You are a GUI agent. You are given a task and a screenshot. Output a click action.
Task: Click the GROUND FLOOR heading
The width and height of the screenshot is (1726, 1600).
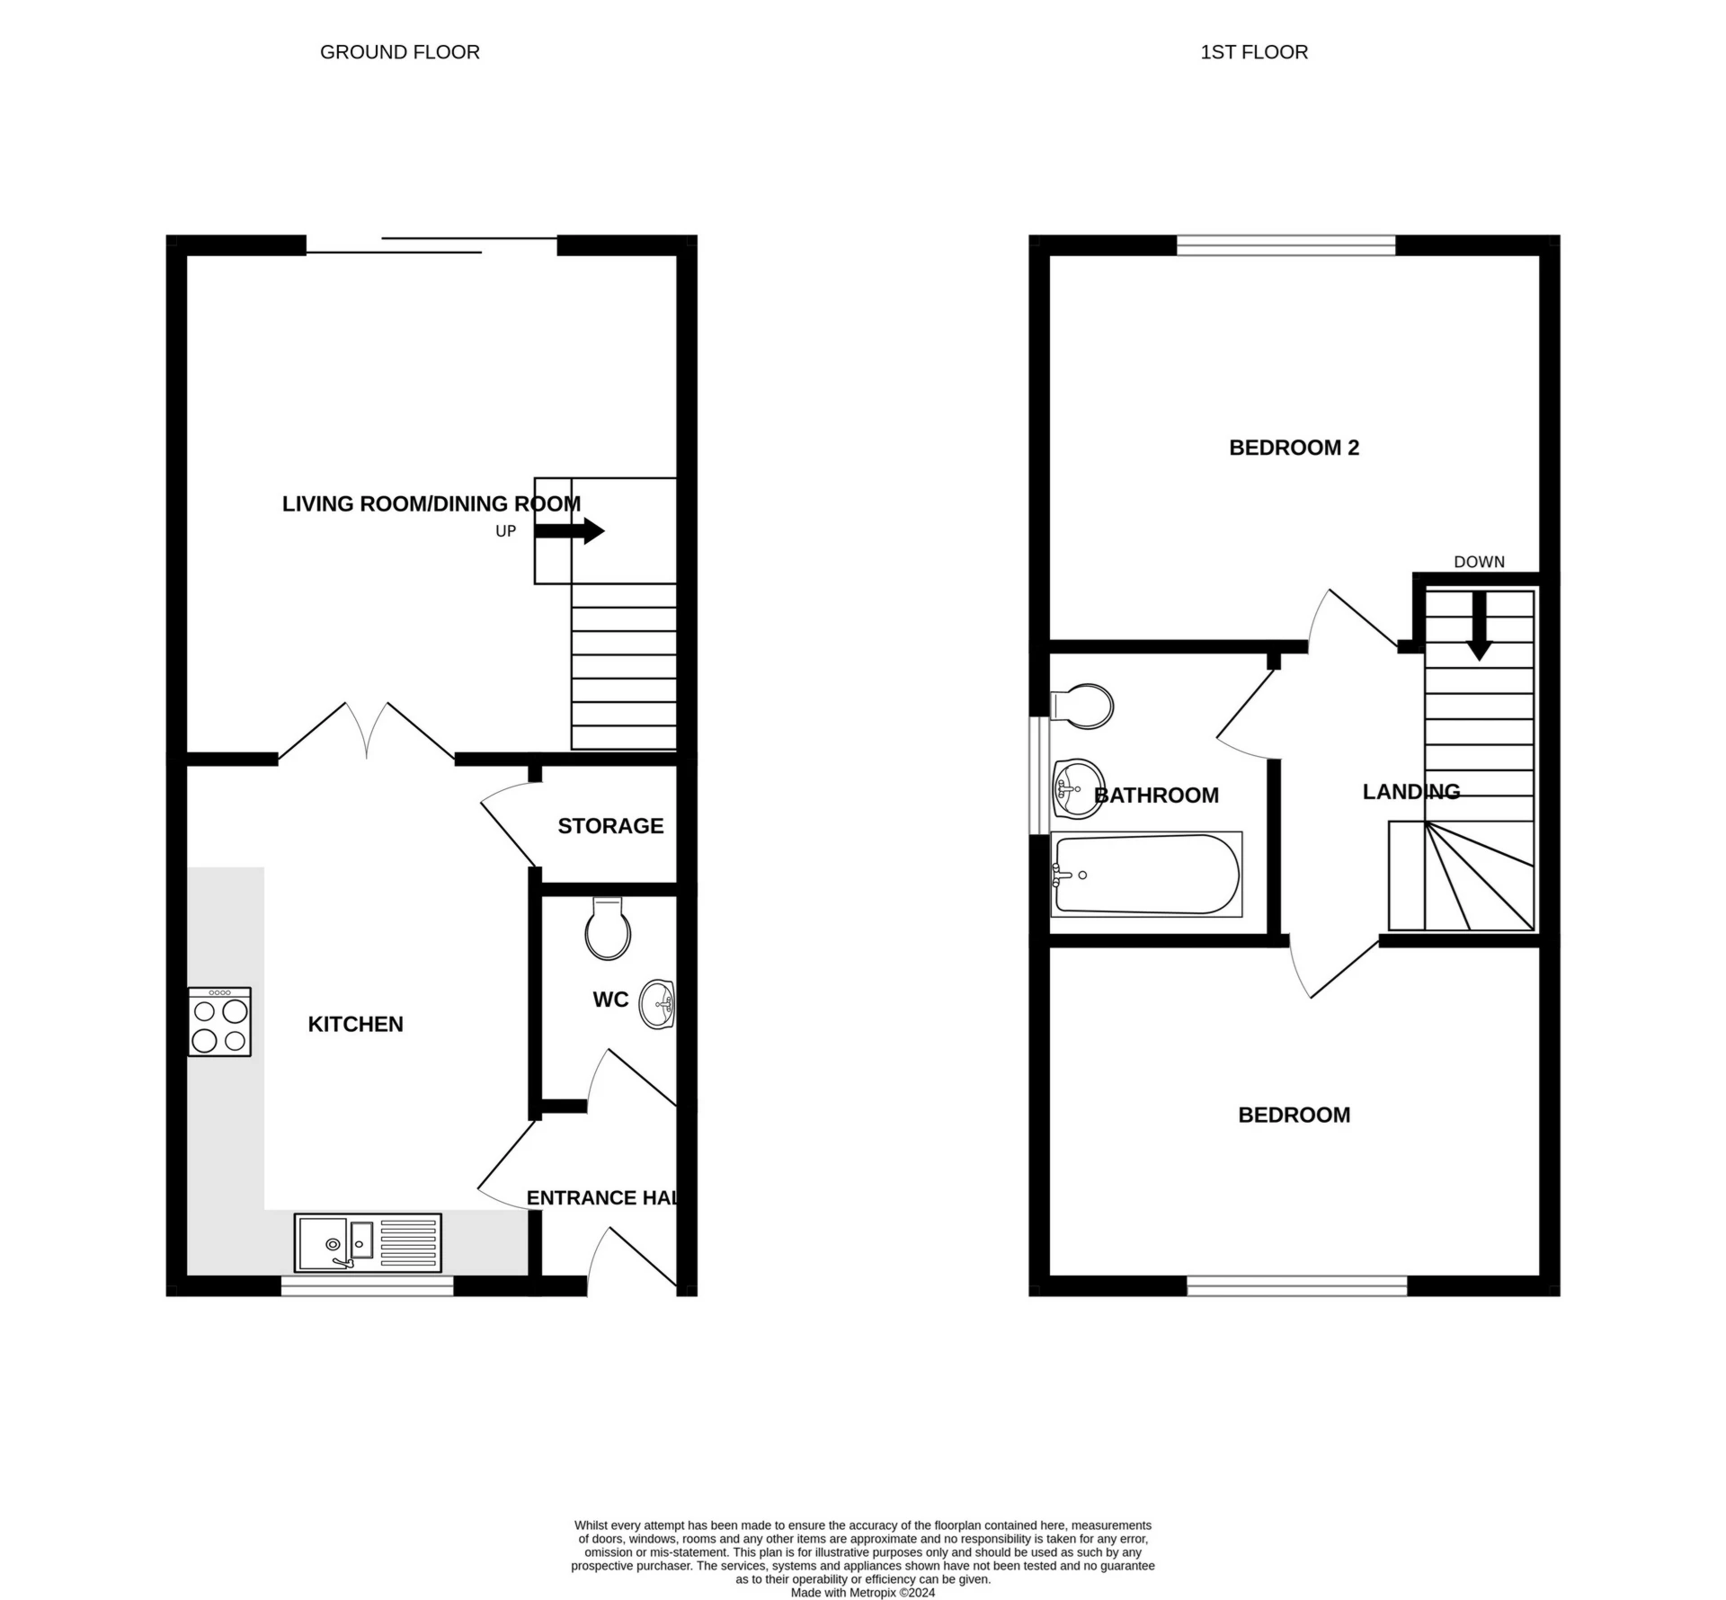pyautogui.click(x=399, y=52)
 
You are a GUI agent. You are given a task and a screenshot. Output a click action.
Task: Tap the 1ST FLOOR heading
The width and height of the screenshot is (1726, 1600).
pyautogui.click(x=1253, y=52)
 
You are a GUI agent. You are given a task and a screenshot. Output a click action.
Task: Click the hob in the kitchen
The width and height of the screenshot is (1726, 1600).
pyautogui.click(x=219, y=1021)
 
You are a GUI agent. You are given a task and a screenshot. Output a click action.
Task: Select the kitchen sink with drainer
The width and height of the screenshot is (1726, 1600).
pyautogui.click(x=368, y=1242)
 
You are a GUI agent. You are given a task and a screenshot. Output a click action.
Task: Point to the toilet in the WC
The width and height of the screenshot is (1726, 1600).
pyautogui.click(x=608, y=929)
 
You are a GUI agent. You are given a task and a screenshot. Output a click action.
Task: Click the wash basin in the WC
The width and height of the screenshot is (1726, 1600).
pyautogui.click(x=657, y=1003)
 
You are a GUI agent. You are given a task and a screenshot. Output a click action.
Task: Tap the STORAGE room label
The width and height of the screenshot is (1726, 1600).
pyautogui.click(x=610, y=825)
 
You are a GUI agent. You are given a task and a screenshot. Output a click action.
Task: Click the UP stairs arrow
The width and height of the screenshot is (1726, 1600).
pyautogui.click(x=570, y=530)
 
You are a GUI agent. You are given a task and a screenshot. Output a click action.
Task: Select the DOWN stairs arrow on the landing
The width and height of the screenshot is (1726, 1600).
pyautogui.click(x=1479, y=627)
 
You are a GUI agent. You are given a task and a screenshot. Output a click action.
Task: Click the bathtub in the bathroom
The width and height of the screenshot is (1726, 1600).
pyautogui.click(x=1146, y=874)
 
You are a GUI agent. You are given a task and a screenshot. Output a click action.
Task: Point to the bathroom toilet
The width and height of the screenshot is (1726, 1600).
pyautogui.click(x=1083, y=706)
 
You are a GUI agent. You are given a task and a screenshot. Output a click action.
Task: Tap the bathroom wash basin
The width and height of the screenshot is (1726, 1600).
pyautogui.click(x=1077, y=789)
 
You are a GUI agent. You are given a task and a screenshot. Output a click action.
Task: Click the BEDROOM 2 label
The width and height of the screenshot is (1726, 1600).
pyautogui.click(x=1294, y=447)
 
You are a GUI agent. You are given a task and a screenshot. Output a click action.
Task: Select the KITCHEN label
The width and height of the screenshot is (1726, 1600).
pyautogui.click(x=355, y=1024)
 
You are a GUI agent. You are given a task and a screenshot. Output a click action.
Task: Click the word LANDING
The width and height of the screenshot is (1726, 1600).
pyautogui.click(x=1410, y=791)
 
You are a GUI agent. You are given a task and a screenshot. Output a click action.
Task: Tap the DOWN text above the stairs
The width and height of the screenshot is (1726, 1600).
pyautogui.click(x=1479, y=562)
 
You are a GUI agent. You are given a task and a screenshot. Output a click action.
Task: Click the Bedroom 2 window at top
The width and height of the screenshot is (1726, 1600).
pyautogui.click(x=1286, y=244)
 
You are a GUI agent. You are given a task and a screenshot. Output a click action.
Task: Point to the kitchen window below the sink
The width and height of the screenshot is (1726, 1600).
pyautogui.click(x=367, y=1287)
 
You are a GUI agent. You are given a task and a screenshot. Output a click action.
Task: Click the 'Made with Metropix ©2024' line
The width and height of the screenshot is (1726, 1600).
pyautogui.click(x=862, y=1592)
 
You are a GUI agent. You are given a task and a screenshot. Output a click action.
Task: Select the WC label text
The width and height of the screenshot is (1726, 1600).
pyautogui.click(x=610, y=1000)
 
